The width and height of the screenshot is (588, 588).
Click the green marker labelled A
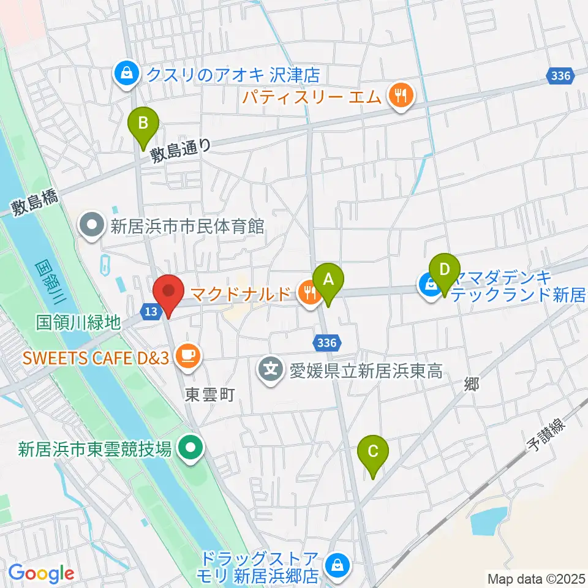tap(328, 281)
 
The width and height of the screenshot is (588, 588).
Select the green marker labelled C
tap(373, 453)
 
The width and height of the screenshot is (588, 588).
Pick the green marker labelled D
tap(445, 270)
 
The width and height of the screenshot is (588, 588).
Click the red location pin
tap(167, 293)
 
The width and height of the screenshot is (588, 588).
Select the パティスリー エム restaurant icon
tap(401, 95)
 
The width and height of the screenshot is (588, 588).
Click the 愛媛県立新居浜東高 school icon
tap(271, 370)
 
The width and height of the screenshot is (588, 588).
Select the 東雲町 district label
tap(210, 396)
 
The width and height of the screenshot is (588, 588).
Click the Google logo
tap(41, 574)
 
